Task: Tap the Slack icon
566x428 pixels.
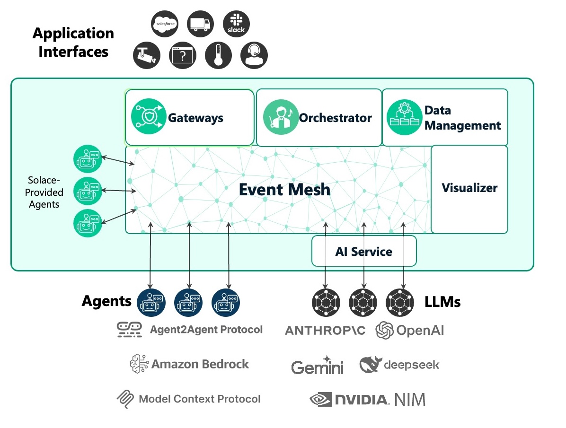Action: [236, 23]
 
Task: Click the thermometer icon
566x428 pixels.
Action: [218, 55]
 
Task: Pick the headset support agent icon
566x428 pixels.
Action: [254, 55]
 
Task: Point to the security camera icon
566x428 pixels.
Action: [147, 55]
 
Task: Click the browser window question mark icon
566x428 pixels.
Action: [183, 55]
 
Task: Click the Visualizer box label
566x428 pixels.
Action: [469, 188]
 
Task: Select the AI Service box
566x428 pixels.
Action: [363, 251]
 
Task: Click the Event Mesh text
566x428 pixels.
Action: [284, 189]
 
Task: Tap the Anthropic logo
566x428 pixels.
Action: [325, 331]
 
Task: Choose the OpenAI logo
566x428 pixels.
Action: [410, 330]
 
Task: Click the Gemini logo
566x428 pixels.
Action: [317, 367]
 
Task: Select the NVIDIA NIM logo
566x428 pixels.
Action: [367, 400]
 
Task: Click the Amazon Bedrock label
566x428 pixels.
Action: [200, 364]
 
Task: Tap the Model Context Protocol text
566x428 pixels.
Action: [199, 399]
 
